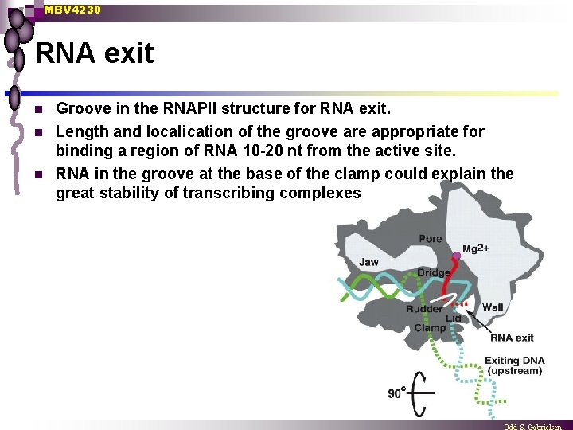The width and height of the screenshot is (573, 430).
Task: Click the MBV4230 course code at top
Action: tap(72, 10)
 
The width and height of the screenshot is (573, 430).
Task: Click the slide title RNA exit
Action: tap(95, 53)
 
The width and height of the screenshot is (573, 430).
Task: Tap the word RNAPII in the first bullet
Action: tap(224, 107)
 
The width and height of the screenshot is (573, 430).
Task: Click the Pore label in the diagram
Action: tap(430, 238)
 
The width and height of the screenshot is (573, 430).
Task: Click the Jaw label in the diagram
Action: tap(368, 262)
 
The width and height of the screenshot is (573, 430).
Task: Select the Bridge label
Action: tap(433, 272)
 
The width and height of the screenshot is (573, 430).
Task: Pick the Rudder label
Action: tap(424, 309)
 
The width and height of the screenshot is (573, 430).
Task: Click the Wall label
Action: tap(493, 307)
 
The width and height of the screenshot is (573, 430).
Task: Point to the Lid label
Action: tap(453, 318)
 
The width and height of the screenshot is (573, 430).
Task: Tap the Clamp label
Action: tap(430, 328)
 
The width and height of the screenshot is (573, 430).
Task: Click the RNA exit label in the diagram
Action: tap(512, 338)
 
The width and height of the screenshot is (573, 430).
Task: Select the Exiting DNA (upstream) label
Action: tap(515, 365)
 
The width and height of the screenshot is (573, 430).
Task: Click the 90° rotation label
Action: tap(396, 392)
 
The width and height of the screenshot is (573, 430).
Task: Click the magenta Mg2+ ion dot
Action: tap(456, 256)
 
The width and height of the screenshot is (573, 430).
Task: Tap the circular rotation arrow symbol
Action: tap(421, 391)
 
